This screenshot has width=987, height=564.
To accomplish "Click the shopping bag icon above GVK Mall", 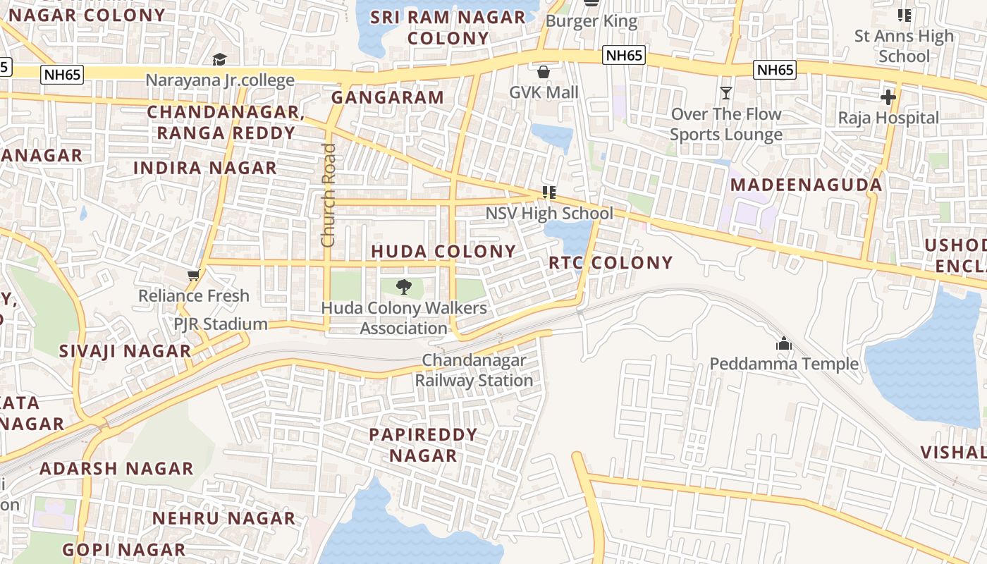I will (x=544, y=72).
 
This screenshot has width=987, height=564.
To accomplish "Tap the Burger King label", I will (x=591, y=21).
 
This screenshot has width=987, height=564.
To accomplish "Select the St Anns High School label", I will (x=903, y=46).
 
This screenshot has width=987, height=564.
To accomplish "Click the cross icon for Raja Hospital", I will (x=888, y=97).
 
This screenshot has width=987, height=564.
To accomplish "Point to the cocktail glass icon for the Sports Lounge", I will (x=726, y=92).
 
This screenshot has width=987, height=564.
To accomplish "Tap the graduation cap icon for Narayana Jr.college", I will (x=220, y=59).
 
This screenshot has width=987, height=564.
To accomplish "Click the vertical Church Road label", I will (x=328, y=195).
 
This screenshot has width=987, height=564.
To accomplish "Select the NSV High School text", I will (x=549, y=213).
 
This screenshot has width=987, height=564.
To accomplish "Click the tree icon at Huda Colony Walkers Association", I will (x=404, y=286).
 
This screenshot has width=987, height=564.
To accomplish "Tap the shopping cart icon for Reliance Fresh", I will (x=193, y=274).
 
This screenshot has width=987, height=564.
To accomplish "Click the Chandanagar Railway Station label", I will (x=474, y=370).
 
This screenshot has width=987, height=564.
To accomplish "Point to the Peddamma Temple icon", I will (x=783, y=344).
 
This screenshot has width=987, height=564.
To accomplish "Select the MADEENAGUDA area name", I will (x=806, y=185).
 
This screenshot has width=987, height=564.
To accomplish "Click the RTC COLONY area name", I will (x=611, y=263).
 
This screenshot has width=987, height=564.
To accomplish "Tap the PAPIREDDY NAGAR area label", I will (x=423, y=445).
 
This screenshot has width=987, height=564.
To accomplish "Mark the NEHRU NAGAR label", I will (x=223, y=519).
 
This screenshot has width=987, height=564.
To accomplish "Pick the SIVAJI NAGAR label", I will (x=125, y=351).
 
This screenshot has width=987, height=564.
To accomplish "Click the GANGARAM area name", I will (x=388, y=97).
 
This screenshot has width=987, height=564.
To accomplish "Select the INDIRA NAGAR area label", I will (x=205, y=168).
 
